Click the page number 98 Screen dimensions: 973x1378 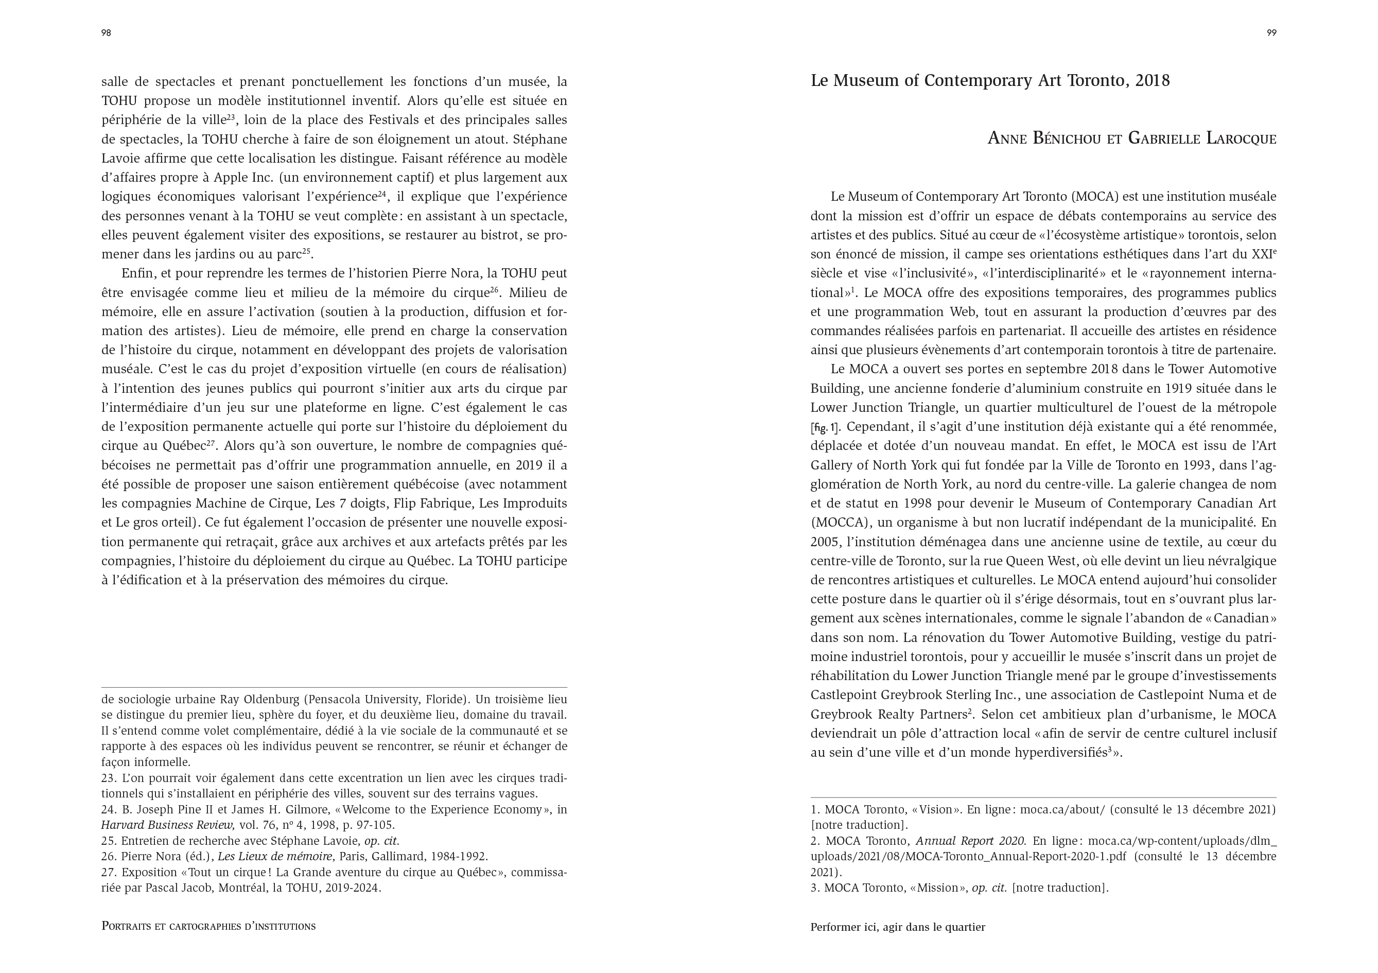[106, 33]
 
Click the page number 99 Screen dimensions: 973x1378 [1271, 33]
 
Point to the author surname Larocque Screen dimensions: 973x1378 [1233, 138]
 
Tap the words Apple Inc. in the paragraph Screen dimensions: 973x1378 [243, 178]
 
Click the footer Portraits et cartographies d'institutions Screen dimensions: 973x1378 [208, 926]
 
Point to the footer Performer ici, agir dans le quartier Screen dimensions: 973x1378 [897, 927]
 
